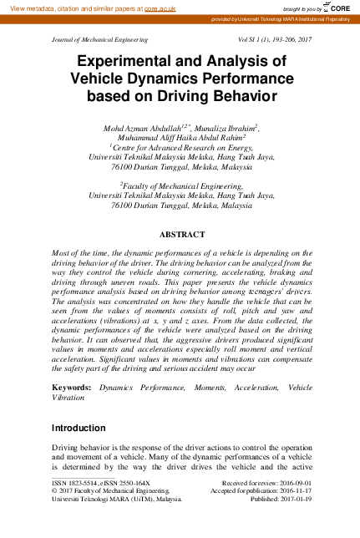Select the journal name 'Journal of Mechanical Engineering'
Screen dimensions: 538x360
(99, 40)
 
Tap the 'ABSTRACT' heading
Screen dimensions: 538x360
(180, 236)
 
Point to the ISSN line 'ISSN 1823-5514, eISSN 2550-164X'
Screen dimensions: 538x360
(101, 483)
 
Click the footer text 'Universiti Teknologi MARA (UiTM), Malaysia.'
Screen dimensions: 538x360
(117, 500)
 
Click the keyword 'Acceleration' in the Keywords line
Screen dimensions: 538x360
(234, 388)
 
